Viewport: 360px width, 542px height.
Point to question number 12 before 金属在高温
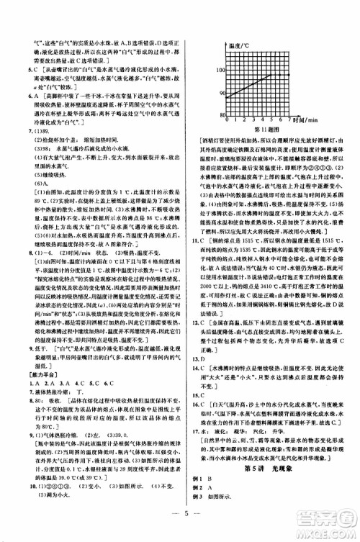pyautogui.click(x=196, y=340)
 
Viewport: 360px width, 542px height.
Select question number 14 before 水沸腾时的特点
pyautogui.click(x=196, y=387)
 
